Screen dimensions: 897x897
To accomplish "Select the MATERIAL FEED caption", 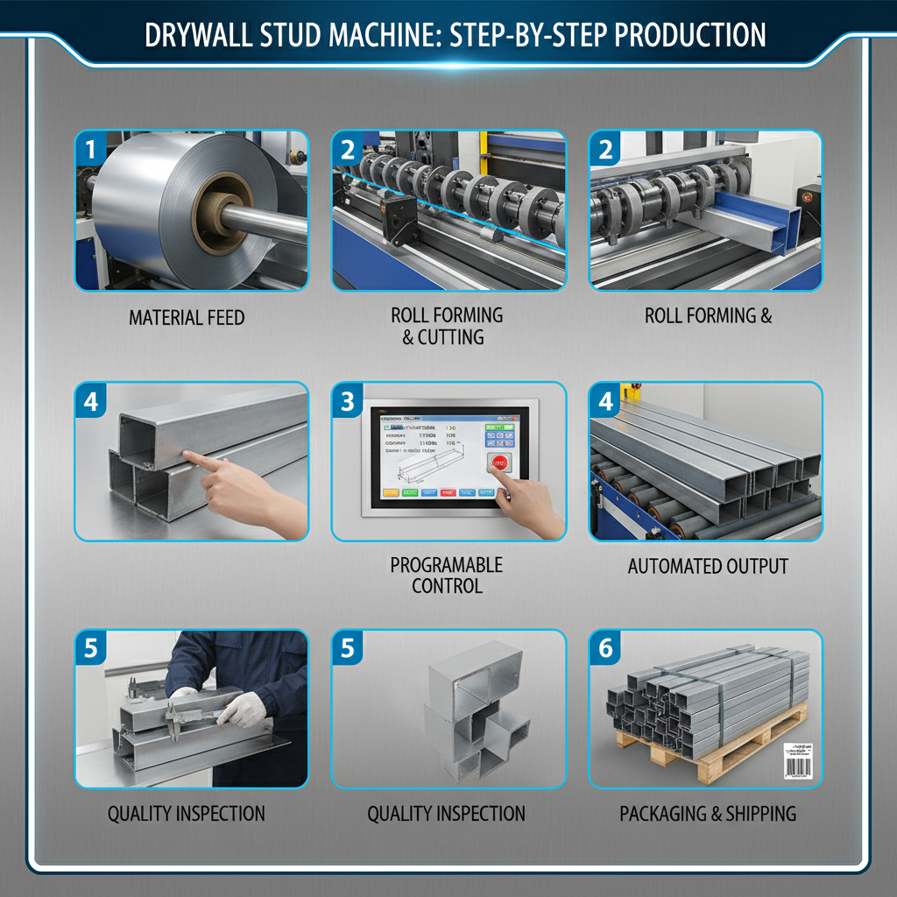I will [x=187, y=317].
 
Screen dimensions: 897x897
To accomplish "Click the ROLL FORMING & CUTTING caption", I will [x=447, y=326].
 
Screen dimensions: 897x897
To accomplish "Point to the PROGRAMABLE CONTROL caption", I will [x=447, y=576].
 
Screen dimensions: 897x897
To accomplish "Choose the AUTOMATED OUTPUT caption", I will [x=708, y=567].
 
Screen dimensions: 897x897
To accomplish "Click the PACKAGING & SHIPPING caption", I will [x=708, y=814].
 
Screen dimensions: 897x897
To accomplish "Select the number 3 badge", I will [x=348, y=401].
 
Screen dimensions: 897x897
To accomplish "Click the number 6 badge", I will [x=605, y=649].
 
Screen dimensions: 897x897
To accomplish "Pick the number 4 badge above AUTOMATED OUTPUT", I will [x=605, y=401].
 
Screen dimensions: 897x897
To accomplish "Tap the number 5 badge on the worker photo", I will [x=90, y=649].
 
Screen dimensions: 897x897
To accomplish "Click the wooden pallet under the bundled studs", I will [x=701, y=753].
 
